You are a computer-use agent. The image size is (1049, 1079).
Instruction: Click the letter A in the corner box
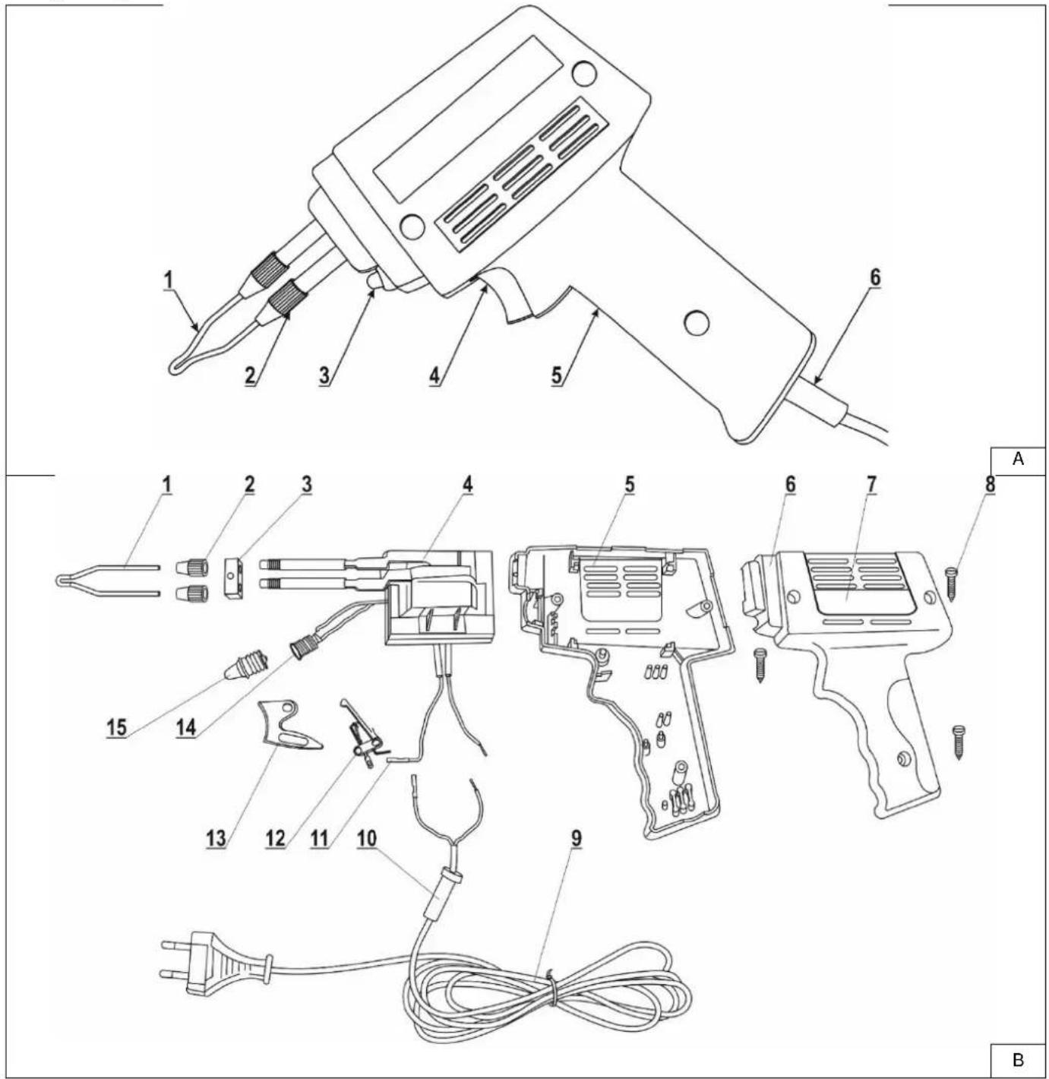coord(1017,459)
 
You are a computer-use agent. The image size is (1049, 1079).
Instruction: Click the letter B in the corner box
coord(1018,1059)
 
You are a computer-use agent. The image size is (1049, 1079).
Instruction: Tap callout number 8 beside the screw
coord(989,484)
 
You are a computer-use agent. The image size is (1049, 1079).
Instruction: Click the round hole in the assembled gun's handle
coord(696,322)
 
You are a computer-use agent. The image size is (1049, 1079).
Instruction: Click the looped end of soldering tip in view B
coord(62,580)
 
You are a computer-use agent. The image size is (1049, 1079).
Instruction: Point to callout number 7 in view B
coord(870,484)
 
